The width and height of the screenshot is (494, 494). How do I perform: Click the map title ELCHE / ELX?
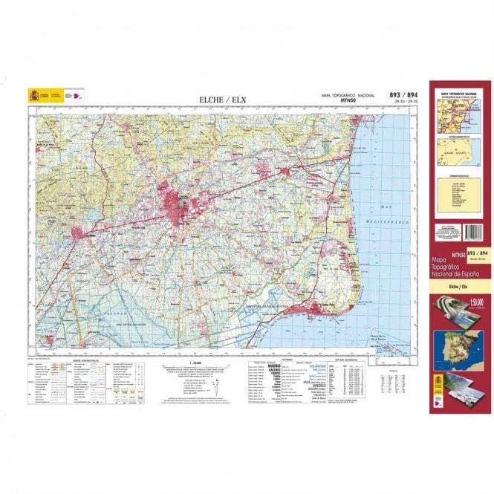(223, 100)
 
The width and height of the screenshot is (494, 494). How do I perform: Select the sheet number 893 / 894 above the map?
(403, 95)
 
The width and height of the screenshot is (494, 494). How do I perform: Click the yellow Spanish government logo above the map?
(38, 96)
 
